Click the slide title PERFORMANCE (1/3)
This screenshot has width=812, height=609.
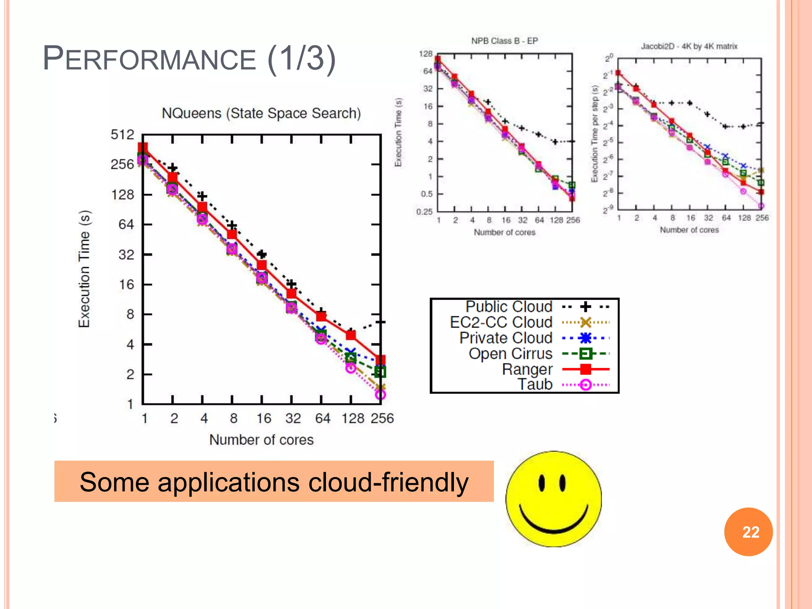coord(189,59)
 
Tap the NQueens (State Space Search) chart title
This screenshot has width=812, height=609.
coord(261,113)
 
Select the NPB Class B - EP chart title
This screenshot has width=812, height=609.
coord(504,41)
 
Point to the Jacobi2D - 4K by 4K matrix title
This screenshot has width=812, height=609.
coord(689,46)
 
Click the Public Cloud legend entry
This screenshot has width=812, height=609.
coord(509,306)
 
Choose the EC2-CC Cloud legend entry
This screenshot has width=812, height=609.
coord(501,322)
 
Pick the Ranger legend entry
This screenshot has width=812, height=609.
coord(527,369)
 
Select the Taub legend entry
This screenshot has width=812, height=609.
coord(535,384)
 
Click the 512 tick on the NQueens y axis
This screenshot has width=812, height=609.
coord(122,135)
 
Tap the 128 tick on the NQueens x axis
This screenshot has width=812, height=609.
coord(352,418)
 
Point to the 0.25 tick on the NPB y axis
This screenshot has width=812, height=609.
coord(424,212)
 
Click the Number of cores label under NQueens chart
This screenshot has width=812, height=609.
coord(261,440)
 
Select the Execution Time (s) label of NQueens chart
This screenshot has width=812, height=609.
coord(84,269)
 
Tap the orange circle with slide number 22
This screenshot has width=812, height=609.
coord(748,532)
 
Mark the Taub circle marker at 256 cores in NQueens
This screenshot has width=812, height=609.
coord(380,395)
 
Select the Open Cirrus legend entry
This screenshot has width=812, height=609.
coord(510,353)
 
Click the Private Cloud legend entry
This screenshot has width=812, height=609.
coord(506,338)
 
